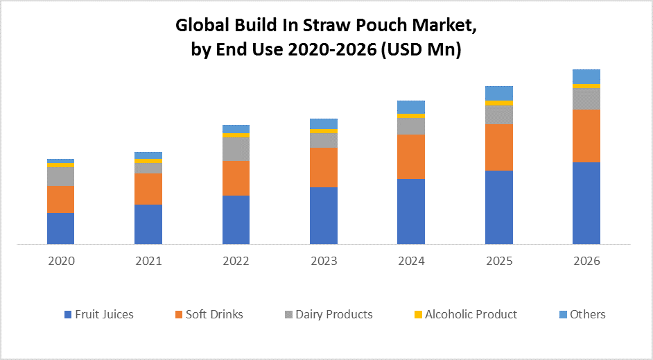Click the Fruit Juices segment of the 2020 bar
(x=60, y=228)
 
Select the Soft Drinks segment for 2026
(x=586, y=135)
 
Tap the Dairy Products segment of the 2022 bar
(x=236, y=148)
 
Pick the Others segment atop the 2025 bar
(x=499, y=93)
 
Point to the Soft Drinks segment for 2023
(x=324, y=167)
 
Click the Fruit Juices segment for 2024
(x=411, y=211)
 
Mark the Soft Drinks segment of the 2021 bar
(x=148, y=189)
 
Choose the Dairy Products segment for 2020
(x=60, y=176)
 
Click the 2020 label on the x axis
(x=61, y=262)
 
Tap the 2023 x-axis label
(x=324, y=262)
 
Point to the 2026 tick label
(x=586, y=262)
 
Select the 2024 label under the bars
(x=411, y=262)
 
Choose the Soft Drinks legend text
(x=214, y=314)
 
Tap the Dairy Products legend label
(x=333, y=314)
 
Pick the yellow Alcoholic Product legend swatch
(x=418, y=315)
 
